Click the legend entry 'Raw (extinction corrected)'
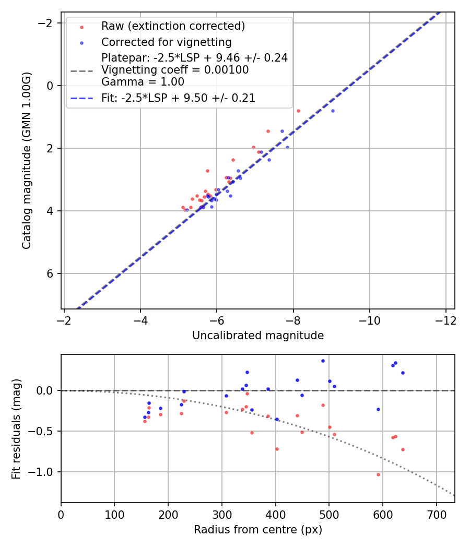(173, 26)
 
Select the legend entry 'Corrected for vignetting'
(166, 42)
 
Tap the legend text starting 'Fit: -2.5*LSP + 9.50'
(178, 98)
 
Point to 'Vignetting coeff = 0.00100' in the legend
(175, 69)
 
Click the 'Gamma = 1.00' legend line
(143, 81)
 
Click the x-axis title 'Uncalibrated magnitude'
(258, 336)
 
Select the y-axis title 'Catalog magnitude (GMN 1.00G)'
(27, 160)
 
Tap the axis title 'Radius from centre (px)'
(258, 530)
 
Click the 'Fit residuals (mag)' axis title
(16, 428)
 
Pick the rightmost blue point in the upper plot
(333, 111)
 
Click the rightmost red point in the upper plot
(298, 111)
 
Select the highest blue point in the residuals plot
(323, 361)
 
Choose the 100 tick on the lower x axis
(114, 514)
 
